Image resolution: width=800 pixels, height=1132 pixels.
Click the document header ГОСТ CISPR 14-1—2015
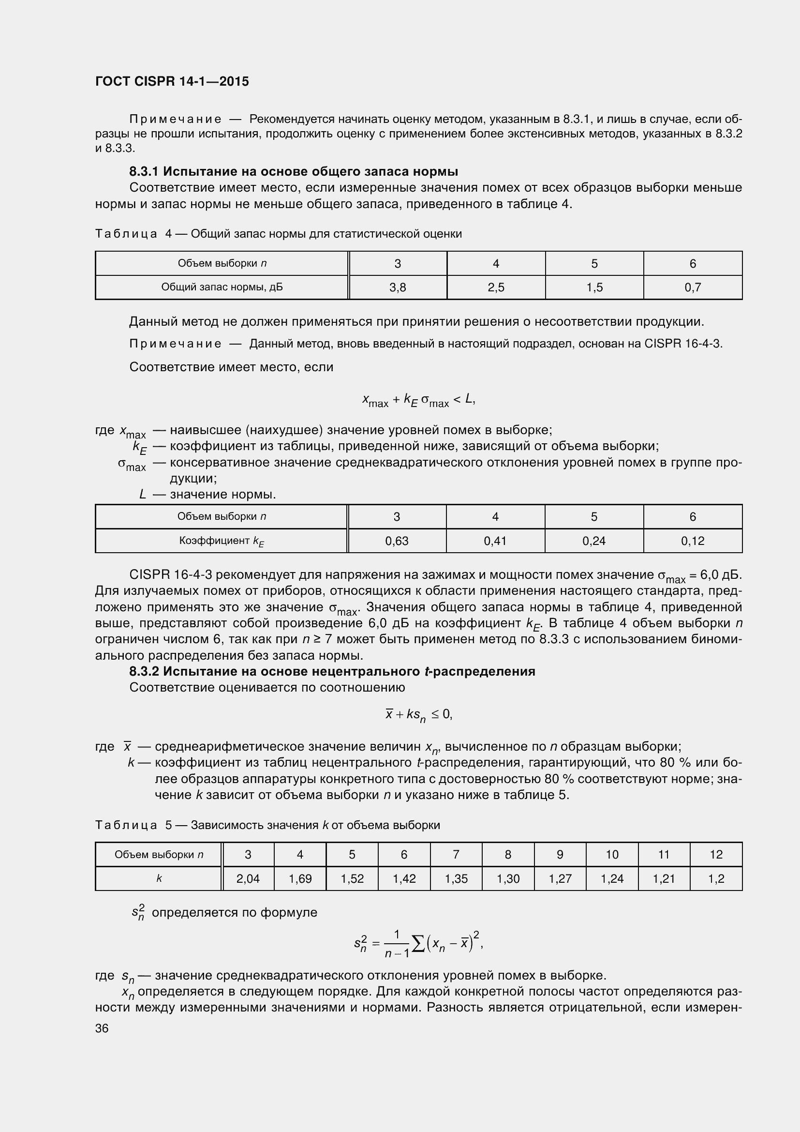pyautogui.click(x=172, y=81)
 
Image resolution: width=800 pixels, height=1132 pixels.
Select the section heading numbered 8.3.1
pyautogui.click(x=294, y=172)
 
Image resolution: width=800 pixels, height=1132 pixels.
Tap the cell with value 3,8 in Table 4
pyautogui.click(x=397, y=287)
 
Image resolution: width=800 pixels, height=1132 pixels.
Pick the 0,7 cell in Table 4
pyautogui.click(x=692, y=287)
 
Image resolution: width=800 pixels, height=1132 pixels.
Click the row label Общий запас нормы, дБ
pyautogui.click(x=222, y=287)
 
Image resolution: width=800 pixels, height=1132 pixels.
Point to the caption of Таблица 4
pyautogui.click(x=278, y=234)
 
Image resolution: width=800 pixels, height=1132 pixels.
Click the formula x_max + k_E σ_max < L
pyautogui.click(x=418, y=400)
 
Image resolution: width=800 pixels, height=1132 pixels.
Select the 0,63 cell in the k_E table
pyautogui.click(x=397, y=541)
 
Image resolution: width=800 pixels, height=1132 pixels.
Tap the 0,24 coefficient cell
pyautogui.click(x=593, y=541)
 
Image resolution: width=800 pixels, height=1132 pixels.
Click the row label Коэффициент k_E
pyautogui.click(x=221, y=541)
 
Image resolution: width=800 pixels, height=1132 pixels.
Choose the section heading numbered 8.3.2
pyautogui.click(x=332, y=672)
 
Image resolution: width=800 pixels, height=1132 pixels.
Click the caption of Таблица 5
pyautogui.click(x=267, y=825)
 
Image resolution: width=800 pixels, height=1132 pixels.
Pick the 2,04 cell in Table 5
pyautogui.click(x=248, y=878)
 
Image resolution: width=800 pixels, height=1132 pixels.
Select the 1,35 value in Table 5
pyautogui.click(x=456, y=878)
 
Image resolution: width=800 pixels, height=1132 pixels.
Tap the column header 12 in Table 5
pyautogui.click(x=716, y=854)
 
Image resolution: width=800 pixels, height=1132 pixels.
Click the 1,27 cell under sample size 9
pyautogui.click(x=560, y=878)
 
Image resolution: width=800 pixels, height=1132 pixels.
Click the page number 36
pyautogui.click(x=102, y=1028)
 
